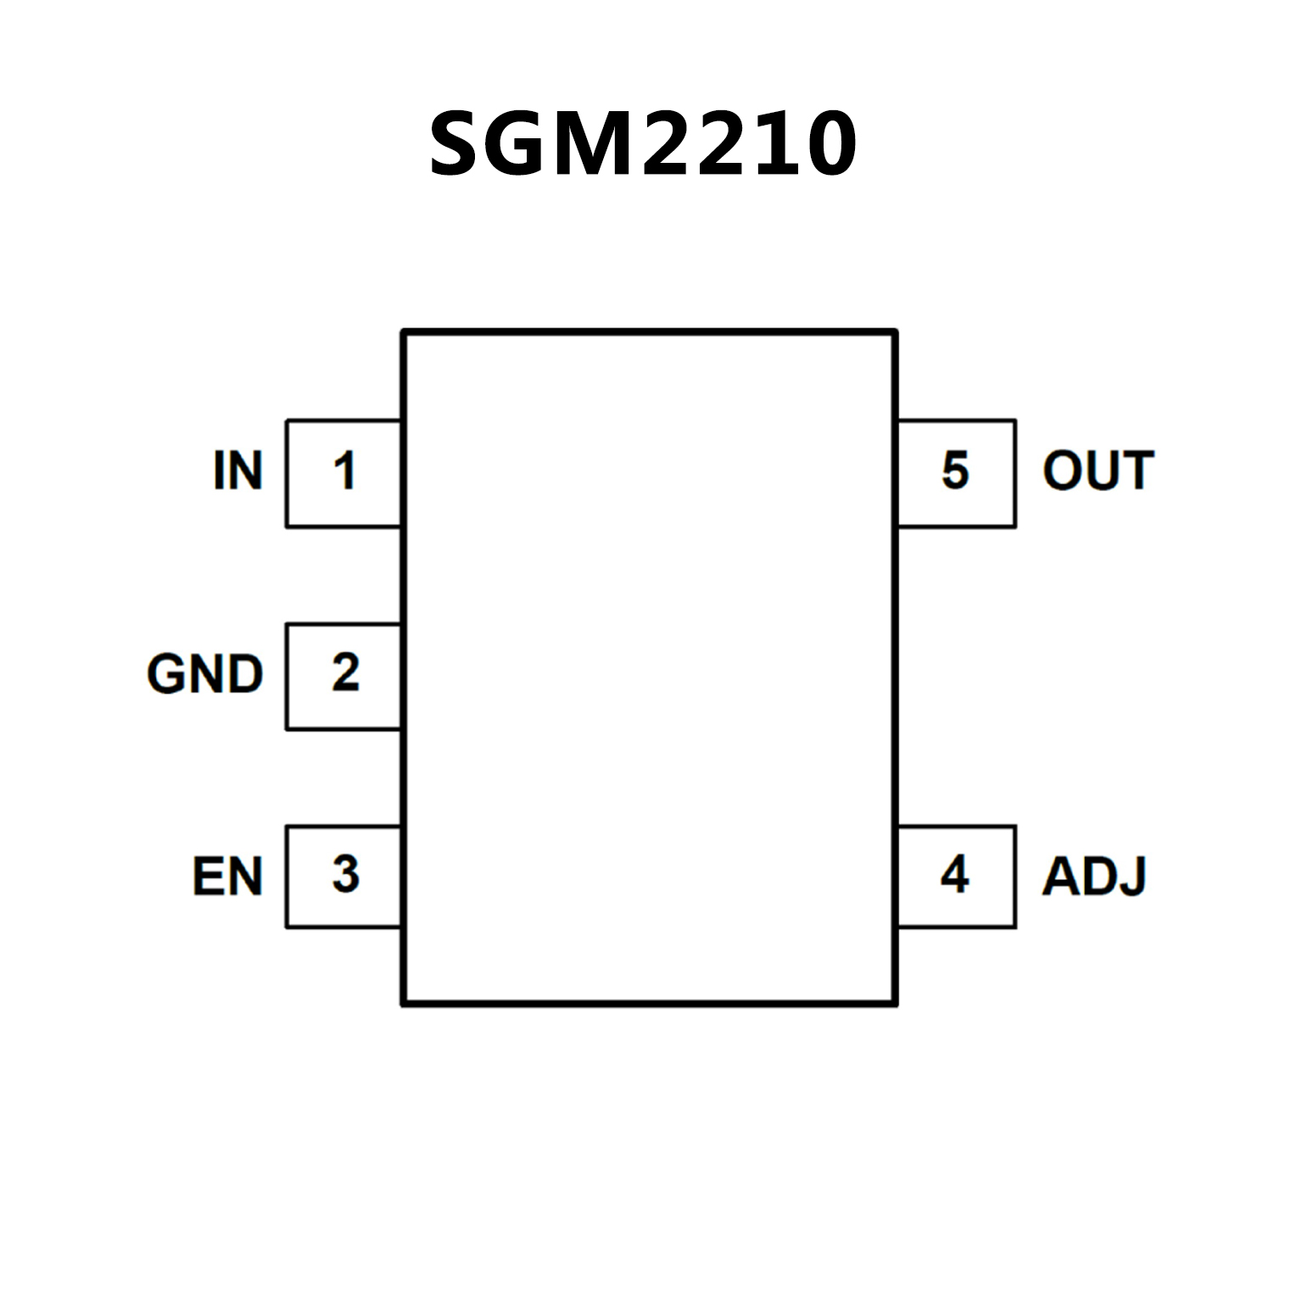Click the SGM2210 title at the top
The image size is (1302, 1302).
(x=643, y=144)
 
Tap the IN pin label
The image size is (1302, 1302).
(x=238, y=471)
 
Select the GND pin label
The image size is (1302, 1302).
(x=205, y=674)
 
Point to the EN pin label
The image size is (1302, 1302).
(x=227, y=876)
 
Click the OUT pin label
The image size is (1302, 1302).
(x=1098, y=471)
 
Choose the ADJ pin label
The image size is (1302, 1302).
(x=1094, y=876)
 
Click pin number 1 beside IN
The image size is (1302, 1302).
(x=344, y=471)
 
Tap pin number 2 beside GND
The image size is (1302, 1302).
(x=345, y=673)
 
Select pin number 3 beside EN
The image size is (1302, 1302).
(x=345, y=875)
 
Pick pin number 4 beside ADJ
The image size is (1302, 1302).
(x=955, y=875)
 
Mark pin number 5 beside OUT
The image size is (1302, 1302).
(x=955, y=471)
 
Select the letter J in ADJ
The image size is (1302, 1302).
(x=1135, y=876)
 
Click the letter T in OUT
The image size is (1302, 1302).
(x=1137, y=471)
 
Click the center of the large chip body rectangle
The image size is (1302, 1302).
(x=650, y=668)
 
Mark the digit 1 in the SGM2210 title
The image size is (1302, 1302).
(x=774, y=144)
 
